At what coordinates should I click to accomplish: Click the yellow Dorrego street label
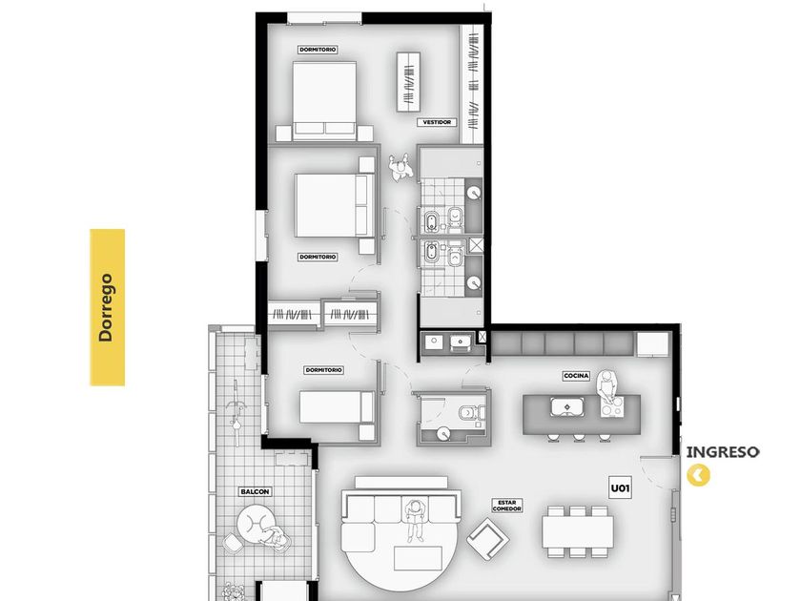coord(107,307)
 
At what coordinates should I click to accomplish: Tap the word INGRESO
coord(723,452)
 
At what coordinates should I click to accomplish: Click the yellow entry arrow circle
coord(698,475)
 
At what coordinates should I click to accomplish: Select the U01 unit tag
coord(620,488)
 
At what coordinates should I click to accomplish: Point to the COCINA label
coord(576,376)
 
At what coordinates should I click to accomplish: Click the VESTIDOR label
coord(437,123)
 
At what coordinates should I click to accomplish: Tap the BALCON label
coord(255,491)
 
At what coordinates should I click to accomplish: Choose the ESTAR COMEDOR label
coord(506,506)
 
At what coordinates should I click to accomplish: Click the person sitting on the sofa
coord(414,520)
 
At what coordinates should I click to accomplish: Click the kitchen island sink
coord(567,407)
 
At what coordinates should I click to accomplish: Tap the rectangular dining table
coord(578,532)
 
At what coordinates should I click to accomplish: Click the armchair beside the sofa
coord(487,539)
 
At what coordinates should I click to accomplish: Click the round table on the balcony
coord(256,524)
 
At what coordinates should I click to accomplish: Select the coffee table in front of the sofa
coord(418,557)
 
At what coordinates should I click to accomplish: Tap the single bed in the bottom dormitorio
coord(338,406)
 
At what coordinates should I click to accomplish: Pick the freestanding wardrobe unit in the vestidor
coord(409,82)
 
